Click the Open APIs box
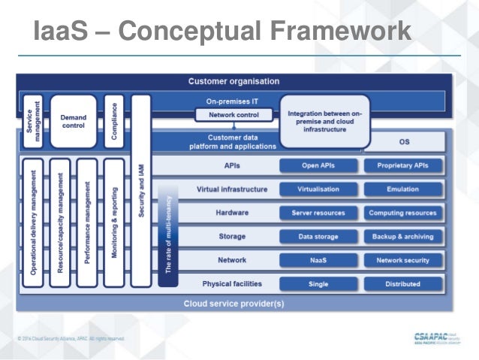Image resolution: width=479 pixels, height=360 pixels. pyautogui.click(x=318, y=165)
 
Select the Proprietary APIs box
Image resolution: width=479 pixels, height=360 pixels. pyautogui.click(x=402, y=165)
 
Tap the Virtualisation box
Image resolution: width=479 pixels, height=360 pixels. pyautogui.click(x=318, y=189)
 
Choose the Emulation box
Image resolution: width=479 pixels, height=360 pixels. pyautogui.click(x=402, y=189)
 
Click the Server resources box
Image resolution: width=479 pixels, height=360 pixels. pyautogui.click(x=318, y=213)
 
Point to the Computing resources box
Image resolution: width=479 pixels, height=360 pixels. pyautogui.click(x=402, y=213)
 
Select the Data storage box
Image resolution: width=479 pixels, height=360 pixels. pyautogui.click(x=318, y=237)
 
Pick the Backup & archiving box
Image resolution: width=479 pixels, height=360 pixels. pyautogui.click(x=402, y=237)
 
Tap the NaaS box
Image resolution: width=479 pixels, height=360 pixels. pyautogui.click(x=318, y=261)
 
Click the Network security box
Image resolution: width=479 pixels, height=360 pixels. pyautogui.click(x=402, y=261)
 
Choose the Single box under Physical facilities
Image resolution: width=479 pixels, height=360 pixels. pyautogui.click(x=318, y=284)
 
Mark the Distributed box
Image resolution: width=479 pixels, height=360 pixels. pyautogui.click(x=402, y=284)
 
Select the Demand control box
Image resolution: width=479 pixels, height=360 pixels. pyautogui.click(x=73, y=121)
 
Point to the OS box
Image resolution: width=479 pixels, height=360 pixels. pyautogui.click(x=402, y=141)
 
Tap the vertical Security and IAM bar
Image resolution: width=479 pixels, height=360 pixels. pyautogui.click(x=140, y=192)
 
